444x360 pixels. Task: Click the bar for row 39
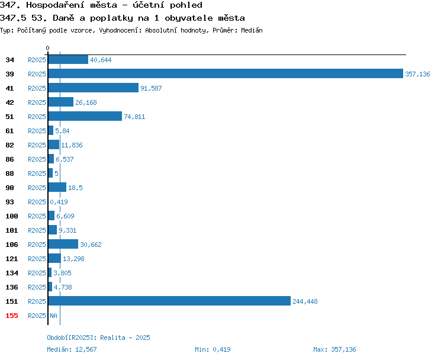click(226, 73)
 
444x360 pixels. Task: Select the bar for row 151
click(169, 301)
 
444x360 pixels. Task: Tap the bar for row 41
click(94, 88)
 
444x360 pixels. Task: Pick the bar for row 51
click(85, 116)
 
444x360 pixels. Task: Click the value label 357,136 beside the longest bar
click(417, 74)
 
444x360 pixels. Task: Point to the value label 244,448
click(305, 301)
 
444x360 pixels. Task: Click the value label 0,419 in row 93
click(59, 202)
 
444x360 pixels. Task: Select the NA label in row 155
click(53, 316)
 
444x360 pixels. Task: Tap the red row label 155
click(12, 316)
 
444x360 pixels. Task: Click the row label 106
click(12, 245)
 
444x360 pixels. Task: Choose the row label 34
click(9, 60)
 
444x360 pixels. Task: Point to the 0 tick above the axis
click(47, 48)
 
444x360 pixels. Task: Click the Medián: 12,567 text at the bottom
click(72, 349)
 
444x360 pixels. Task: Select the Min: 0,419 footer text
click(213, 349)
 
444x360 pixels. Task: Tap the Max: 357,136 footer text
click(334, 349)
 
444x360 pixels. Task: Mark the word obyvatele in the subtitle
click(189, 18)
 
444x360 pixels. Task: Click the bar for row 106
click(63, 244)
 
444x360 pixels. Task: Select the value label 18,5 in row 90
click(75, 188)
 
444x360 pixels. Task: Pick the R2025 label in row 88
click(37, 173)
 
